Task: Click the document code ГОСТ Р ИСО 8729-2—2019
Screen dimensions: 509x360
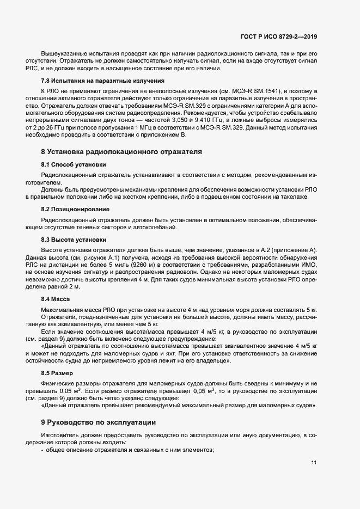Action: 278,36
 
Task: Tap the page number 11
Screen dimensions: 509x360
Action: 314,463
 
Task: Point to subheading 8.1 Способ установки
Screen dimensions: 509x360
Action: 74,164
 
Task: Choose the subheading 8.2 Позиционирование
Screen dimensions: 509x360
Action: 76,208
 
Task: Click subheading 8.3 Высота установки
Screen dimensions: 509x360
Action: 74,240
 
